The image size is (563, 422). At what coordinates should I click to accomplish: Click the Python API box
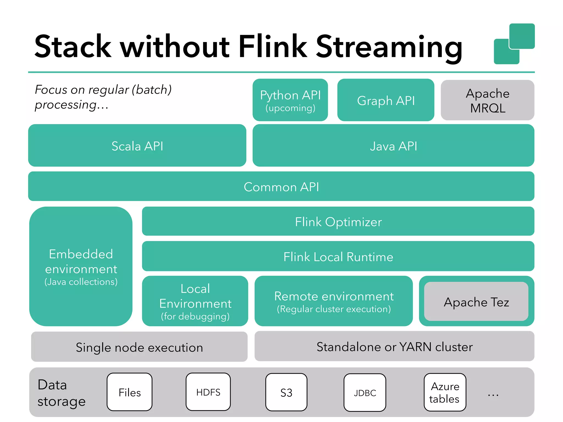(x=290, y=100)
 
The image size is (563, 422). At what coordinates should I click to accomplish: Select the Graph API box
(x=385, y=100)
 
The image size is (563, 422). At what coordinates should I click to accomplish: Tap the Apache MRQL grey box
(x=487, y=100)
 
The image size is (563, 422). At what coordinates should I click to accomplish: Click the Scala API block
(x=137, y=146)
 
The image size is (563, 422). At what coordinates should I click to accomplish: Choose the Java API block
(x=393, y=146)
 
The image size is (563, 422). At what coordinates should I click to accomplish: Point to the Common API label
(x=281, y=187)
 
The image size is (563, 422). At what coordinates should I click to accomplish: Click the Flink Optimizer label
(x=338, y=222)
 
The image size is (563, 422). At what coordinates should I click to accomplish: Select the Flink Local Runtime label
(x=338, y=257)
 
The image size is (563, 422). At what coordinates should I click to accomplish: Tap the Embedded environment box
(x=81, y=266)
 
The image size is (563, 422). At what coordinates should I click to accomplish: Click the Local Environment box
(x=195, y=301)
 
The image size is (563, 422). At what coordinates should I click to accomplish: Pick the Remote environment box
(x=333, y=301)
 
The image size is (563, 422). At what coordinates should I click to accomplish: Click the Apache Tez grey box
(x=476, y=302)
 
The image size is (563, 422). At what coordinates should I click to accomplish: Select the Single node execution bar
(x=139, y=347)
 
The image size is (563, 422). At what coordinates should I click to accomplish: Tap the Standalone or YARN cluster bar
(x=394, y=346)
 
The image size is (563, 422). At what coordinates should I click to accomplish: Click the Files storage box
(x=129, y=392)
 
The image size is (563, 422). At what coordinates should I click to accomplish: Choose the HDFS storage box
(x=208, y=392)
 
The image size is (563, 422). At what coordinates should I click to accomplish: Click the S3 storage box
(x=286, y=392)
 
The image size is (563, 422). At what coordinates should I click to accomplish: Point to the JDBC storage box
(x=365, y=393)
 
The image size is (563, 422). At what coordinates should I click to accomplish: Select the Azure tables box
(x=445, y=392)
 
